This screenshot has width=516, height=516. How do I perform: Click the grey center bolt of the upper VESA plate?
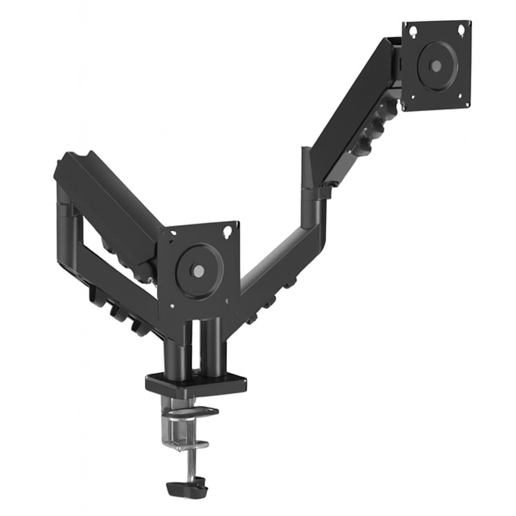436,66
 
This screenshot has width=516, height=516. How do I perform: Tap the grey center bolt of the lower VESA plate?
199,272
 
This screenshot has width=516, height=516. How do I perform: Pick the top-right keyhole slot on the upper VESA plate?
462,28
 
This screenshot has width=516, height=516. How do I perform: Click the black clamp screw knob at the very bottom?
186,487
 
